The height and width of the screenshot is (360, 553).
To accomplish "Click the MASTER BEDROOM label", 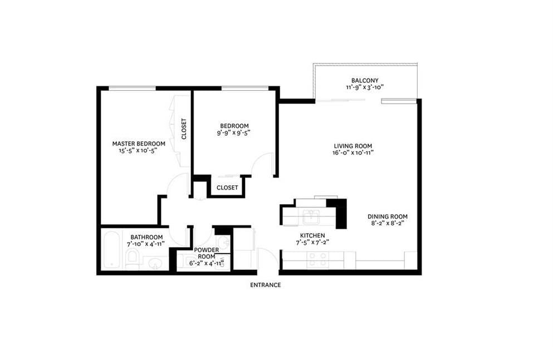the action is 139,144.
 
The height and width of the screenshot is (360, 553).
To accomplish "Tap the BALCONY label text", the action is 365,81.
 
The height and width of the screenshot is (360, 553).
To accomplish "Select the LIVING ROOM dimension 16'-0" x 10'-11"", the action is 353,153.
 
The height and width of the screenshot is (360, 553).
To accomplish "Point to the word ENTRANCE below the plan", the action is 266,285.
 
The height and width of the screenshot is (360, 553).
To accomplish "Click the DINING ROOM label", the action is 387,216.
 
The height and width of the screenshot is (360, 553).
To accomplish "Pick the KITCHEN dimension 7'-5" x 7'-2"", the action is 312,243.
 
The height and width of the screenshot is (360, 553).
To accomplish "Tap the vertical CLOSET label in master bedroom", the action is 184,129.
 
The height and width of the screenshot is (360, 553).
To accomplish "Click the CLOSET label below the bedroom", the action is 227,188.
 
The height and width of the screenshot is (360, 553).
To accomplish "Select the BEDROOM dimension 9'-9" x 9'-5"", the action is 234,133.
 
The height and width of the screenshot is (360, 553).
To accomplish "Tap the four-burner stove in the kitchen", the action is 318,260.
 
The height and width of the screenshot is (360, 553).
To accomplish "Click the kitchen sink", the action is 311,216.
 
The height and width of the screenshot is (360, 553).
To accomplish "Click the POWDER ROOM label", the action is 206,253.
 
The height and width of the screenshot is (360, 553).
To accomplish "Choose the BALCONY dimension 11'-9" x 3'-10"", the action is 365,87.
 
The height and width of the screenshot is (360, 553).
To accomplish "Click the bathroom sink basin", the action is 154,263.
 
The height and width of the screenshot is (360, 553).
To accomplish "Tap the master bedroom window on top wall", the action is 132,88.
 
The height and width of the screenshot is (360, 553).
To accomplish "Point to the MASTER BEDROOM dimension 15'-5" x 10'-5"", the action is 138,150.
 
